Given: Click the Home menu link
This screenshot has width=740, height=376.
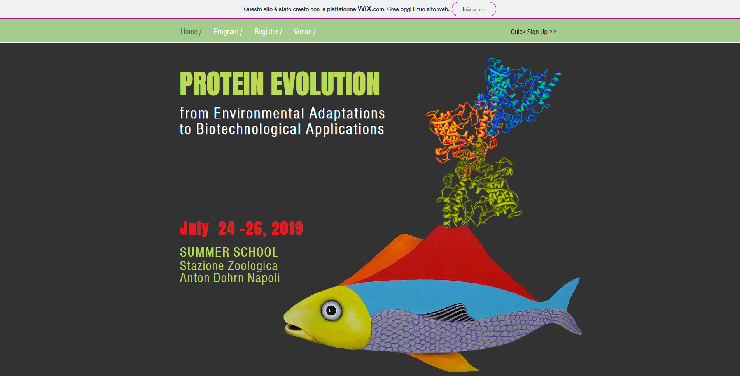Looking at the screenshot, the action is coord(189,32).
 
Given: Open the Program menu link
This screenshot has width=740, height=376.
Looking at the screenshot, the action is coord(226,32).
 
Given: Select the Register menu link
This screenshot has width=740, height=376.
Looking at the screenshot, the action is coord(266,32).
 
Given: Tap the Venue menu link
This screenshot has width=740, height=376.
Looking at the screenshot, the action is coord(303,32).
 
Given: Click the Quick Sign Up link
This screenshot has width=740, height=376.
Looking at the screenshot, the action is coord(534,32).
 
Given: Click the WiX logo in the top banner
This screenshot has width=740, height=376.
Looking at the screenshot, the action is coord(364,9).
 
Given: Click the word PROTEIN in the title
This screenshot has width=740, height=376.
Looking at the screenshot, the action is coord(222,84).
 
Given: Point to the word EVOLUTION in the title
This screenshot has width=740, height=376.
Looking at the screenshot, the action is coord(325,84).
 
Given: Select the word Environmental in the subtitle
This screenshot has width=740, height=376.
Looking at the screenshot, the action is coord(259,114).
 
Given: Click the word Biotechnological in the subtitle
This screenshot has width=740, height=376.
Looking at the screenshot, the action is coord(248,129).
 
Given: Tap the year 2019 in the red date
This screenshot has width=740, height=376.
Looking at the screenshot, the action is coord(287,228).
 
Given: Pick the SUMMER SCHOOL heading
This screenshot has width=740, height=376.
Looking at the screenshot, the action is coord(229,252).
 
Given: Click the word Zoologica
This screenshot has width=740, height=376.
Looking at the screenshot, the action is coord(253,266).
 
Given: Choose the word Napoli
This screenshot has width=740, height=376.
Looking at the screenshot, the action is coord(264,278).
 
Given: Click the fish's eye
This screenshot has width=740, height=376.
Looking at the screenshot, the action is coord(331,310).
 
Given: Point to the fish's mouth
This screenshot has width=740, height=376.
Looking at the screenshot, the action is coord(296,327).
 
